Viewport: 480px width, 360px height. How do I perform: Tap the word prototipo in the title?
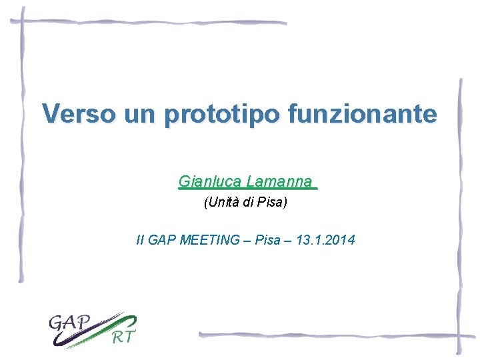click(222, 115)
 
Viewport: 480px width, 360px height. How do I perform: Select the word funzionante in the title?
click(363, 113)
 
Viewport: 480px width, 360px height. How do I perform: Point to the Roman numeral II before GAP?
click(139, 240)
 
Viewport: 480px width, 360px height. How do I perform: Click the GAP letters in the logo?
click(69, 323)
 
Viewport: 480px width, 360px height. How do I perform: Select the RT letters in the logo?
click(122, 337)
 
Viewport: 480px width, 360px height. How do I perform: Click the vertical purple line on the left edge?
click(22, 147)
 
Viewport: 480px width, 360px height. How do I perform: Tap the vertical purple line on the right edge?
click(459, 213)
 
